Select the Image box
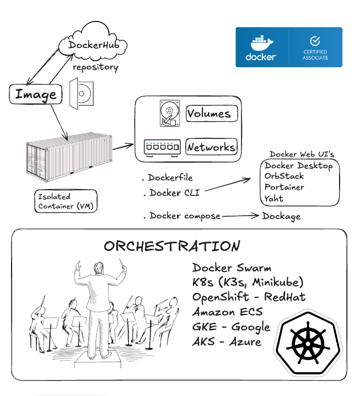(36, 94)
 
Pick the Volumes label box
(212, 114)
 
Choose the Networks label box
(212, 147)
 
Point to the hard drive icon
(169, 114)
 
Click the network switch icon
(162, 147)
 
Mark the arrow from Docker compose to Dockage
(241, 216)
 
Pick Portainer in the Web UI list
(284, 187)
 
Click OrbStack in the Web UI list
(284, 176)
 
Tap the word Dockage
(282, 216)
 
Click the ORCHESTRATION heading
(172, 246)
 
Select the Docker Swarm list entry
(232, 268)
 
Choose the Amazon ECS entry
(228, 312)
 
